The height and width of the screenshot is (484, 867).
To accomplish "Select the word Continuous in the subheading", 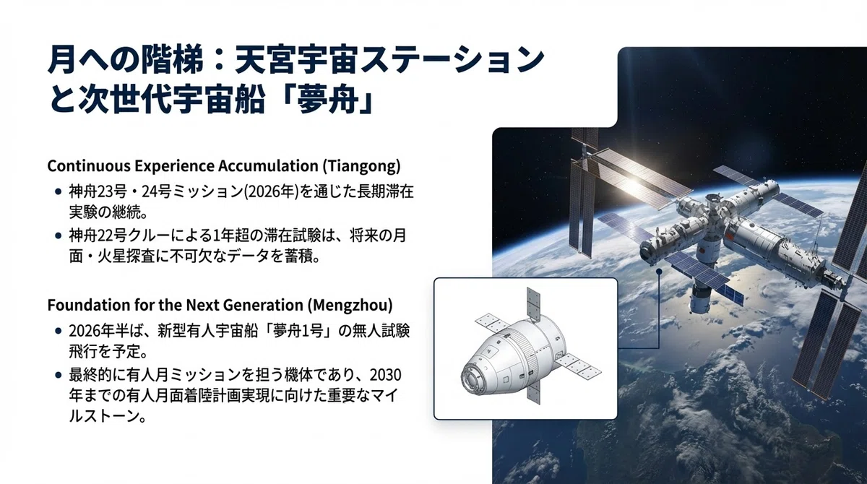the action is [x=88, y=166].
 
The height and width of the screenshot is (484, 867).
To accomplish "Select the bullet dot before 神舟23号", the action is [x=59, y=191].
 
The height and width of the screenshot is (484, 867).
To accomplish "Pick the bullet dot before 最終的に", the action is [x=59, y=375].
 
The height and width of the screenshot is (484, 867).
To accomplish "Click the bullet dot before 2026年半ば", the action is [x=59, y=331].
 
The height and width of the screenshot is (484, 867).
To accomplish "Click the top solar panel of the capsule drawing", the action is [x=533, y=305].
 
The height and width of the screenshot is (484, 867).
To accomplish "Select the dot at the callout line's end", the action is [x=659, y=272].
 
